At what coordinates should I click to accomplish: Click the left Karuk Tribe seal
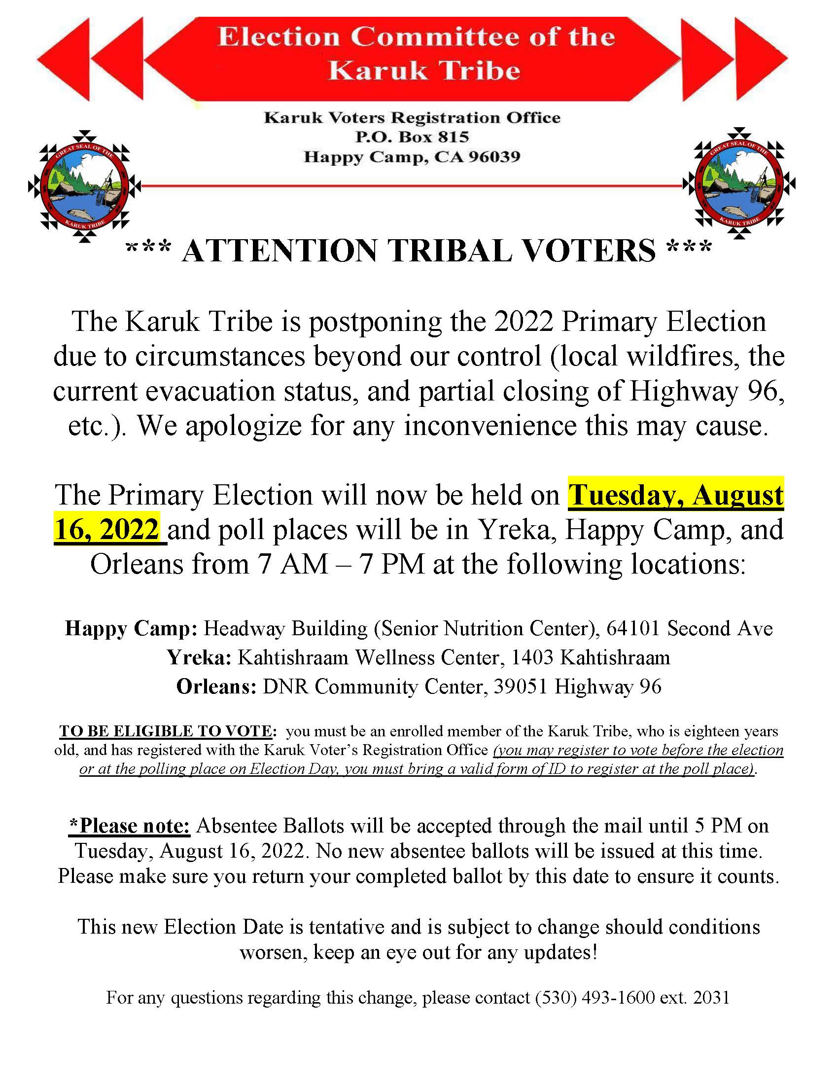85,186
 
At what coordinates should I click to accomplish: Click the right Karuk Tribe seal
739,183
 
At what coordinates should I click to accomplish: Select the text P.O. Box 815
412,137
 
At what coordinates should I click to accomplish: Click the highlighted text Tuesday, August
676,495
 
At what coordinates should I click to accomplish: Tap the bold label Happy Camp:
131,628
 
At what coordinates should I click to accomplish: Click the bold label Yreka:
199,657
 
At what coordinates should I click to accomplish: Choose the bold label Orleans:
216,686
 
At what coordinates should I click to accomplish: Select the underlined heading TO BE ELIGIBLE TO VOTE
166,731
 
